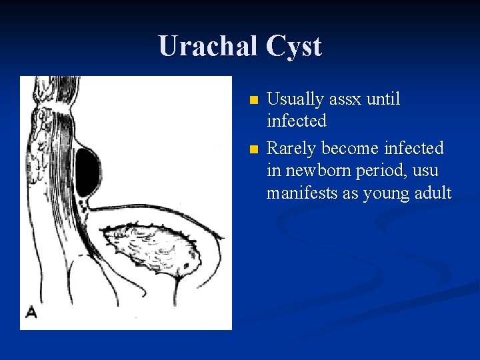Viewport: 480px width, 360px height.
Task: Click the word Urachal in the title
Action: click(207, 46)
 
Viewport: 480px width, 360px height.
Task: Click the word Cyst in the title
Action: click(294, 46)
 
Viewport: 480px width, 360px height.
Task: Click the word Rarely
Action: click(291, 147)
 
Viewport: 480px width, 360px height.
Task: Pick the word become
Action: click(349, 147)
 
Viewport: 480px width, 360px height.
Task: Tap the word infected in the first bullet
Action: click(297, 121)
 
